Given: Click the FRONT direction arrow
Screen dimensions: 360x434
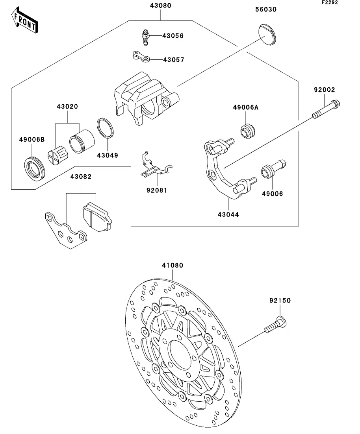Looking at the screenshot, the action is tap(25, 20).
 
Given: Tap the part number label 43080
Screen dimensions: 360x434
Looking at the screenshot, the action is tap(161, 5).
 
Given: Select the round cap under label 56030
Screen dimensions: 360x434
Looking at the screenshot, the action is tap(267, 35).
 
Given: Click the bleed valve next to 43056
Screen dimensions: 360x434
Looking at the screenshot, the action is tap(145, 37).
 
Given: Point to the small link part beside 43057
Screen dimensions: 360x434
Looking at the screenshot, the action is tap(141, 57).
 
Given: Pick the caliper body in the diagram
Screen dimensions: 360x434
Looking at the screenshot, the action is tap(147, 98).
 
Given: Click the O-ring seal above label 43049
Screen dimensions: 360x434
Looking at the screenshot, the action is tap(105, 128).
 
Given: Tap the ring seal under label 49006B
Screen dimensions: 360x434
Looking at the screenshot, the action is tap(34, 169).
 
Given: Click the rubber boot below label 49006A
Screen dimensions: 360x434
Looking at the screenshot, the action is tap(247, 131).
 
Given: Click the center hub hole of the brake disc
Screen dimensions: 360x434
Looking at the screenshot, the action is tap(181, 355).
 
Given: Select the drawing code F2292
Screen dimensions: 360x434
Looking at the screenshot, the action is tap(330, 2).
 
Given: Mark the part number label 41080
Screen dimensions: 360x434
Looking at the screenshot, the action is tap(173, 265).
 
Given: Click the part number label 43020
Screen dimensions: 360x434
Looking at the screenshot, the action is tap(67, 106).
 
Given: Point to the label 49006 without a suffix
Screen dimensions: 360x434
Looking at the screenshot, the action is tap(273, 194).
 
